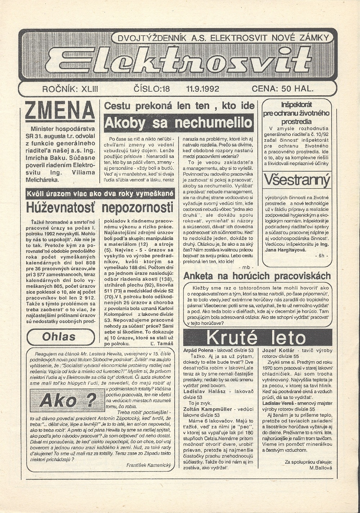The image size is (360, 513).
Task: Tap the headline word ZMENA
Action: (x=60, y=110)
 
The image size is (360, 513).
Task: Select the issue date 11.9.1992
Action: (x=203, y=88)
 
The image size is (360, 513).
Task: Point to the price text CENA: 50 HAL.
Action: (x=283, y=88)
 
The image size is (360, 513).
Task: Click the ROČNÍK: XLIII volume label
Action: (x=70, y=88)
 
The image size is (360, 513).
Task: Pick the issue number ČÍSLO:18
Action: (x=152, y=88)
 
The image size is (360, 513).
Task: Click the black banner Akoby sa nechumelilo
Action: (x=179, y=123)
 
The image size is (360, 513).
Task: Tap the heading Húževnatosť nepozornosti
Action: (x=100, y=208)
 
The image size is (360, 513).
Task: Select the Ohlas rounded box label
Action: (x=59, y=337)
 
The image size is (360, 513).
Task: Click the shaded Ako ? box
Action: (x=68, y=400)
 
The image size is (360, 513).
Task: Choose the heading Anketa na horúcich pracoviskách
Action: (x=257, y=276)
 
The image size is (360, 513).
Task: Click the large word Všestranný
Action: (x=297, y=180)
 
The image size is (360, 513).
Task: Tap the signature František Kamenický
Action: (x=148, y=465)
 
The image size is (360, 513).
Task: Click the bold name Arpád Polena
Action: (x=198, y=350)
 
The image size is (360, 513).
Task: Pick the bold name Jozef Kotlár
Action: (x=278, y=350)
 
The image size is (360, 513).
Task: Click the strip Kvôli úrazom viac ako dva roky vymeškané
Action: (x=100, y=194)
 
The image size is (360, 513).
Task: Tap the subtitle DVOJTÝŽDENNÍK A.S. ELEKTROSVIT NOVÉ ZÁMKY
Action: (x=221, y=37)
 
